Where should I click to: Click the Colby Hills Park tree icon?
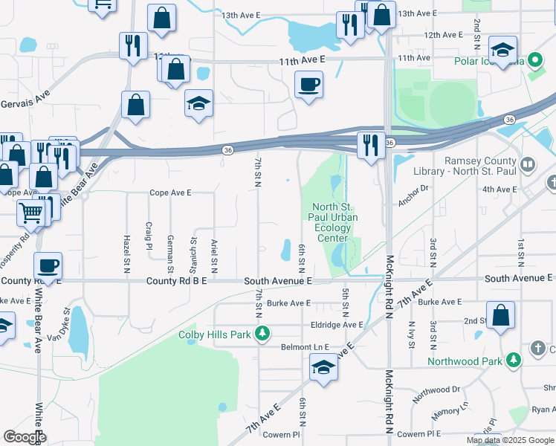click(261, 334)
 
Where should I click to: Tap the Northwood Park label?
click(462, 362)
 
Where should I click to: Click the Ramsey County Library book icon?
click(528, 163)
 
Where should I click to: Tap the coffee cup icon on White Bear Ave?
click(48, 265)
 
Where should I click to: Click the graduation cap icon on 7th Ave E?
click(323, 367)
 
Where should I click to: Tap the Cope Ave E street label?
click(170, 193)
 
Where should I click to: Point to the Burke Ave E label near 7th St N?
click(288, 303)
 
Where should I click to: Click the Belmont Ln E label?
click(305, 347)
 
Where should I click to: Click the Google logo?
click(25, 437)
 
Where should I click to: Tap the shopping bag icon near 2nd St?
click(501, 314)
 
